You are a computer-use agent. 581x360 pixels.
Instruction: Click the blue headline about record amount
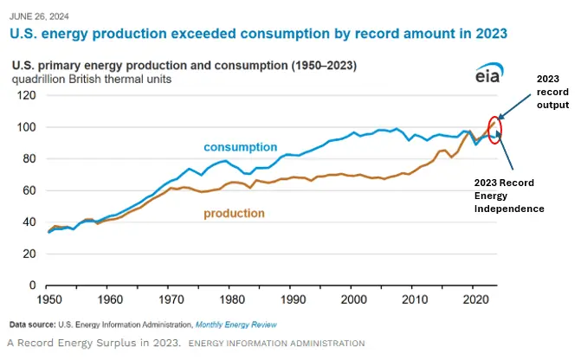tap(257, 32)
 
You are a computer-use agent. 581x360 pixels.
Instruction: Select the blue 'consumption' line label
tap(241, 147)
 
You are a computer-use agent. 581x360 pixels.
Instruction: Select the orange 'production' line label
tap(234, 213)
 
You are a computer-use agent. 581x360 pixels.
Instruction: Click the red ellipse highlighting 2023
tap(495, 128)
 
